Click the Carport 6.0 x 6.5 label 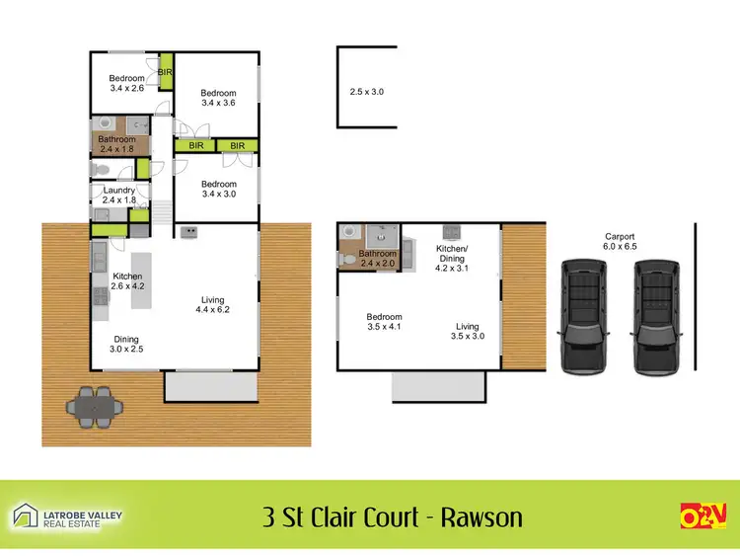click(620, 242)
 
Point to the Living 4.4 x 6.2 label click(212, 306)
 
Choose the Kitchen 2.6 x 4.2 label click(129, 281)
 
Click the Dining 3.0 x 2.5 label click(125, 344)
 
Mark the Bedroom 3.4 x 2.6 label click(126, 84)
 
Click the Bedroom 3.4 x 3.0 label click(219, 190)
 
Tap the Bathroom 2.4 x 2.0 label click(378, 259)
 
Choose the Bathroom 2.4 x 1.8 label click(116, 144)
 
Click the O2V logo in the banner click(703, 516)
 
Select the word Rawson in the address click(482, 516)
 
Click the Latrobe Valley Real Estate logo click(66, 516)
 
